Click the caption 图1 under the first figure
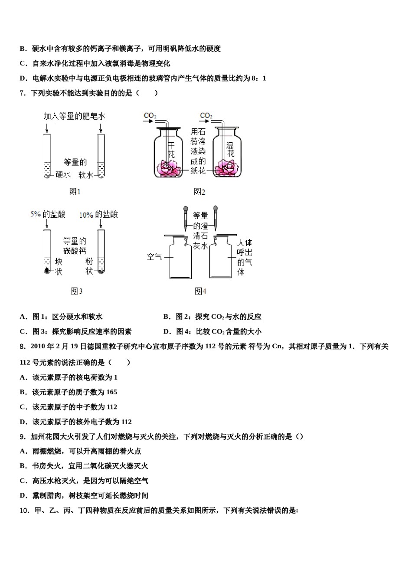pyautogui.click(x=75, y=192)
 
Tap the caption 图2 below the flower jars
pyautogui.click(x=199, y=192)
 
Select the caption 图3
pyautogui.click(x=76, y=291)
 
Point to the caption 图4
pyautogui.click(x=200, y=291)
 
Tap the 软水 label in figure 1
pyautogui.click(x=86, y=175)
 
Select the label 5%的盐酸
pyautogui.click(x=48, y=214)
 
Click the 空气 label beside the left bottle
pyautogui.click(x=154, y=256)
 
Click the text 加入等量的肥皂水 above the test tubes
pyautogui.click(x=74, y=116)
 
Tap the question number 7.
pyautogui.click(x=22, y=93)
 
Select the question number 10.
pyautogui.click(x=24, y=511)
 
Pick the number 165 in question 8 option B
pyautogui.click(x=111, y=392)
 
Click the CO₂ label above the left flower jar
pyautogui.click(x=150, y=115)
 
